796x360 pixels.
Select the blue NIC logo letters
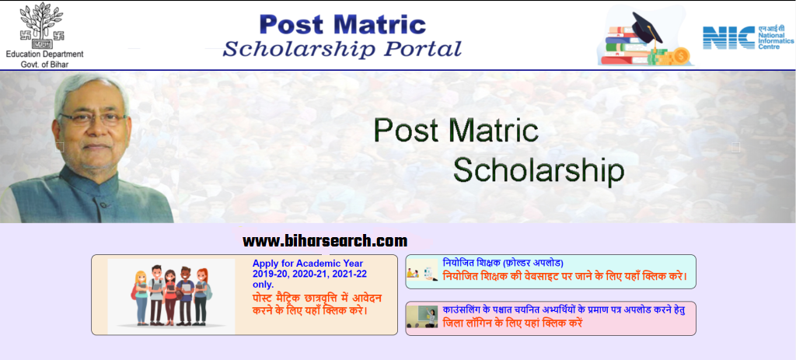pyautogui.click(x=728, y=37)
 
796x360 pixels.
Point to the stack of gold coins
pyautogui.click(x=679, y=55)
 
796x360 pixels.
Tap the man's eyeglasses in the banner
pyautogui.click(x=92, y=118)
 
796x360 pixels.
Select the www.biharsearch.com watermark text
pyautogui.click(x=325, y=241)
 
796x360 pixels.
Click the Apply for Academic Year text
pyautogui.click(x=307, y=264)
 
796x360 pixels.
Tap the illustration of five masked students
pyautogui.click(x=171, y=295)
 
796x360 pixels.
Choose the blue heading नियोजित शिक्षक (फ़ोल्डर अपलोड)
pyautogui.click(x=503, y=263)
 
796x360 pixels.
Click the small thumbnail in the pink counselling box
pyautogui.click(x=422, y=316)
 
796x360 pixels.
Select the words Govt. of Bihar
pyautogui.click(x=44, y=65)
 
